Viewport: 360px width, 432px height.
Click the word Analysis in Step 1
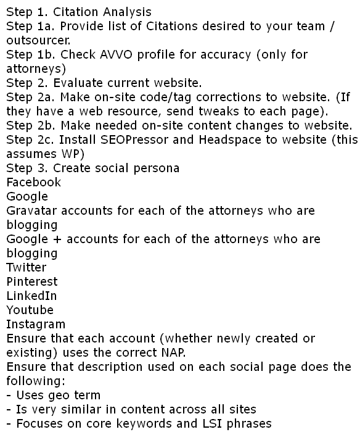pos(126,12)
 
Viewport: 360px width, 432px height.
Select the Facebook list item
pos(34,182)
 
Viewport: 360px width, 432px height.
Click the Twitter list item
pos(26,267)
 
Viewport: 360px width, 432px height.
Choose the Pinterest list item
pos(31,281)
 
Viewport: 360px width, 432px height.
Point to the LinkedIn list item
pos(31,296)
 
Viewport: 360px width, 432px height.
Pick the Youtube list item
pos(30,310)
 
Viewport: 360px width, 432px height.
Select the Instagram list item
pos(35,324)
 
